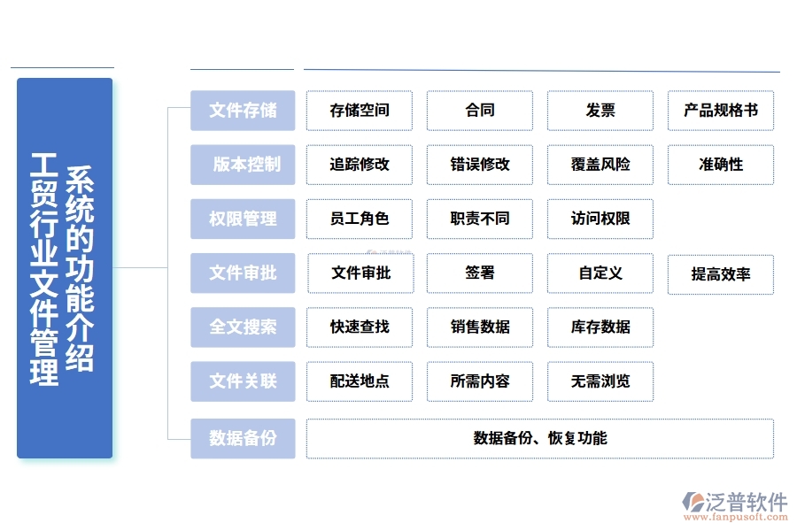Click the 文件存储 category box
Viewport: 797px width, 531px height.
point(243,111)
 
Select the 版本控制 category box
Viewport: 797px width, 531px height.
point(243,165)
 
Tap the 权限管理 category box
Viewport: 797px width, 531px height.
point(243,219)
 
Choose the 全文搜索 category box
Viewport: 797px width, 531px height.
point(243,327)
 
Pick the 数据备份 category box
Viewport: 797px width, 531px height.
point(243,438)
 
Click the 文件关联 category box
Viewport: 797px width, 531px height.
point(243,381)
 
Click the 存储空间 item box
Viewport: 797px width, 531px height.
point(360,111)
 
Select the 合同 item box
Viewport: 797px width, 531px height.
point(480,111)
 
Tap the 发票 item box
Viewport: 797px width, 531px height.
point(600,111)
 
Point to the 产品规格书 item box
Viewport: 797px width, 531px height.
point(721,111)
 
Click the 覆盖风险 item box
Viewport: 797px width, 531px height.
point(600,165)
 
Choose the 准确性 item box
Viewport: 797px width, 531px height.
point(721,165)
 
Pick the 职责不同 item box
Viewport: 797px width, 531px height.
point(480,219)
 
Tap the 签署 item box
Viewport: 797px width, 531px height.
point(480,273)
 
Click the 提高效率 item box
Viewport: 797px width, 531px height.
point(721,274)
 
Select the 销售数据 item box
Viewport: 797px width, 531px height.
point(480,327)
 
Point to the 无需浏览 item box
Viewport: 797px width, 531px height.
point(600,381)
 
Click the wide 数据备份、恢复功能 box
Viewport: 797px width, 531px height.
point(540,438)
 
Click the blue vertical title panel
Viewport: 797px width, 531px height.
point(65,268)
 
